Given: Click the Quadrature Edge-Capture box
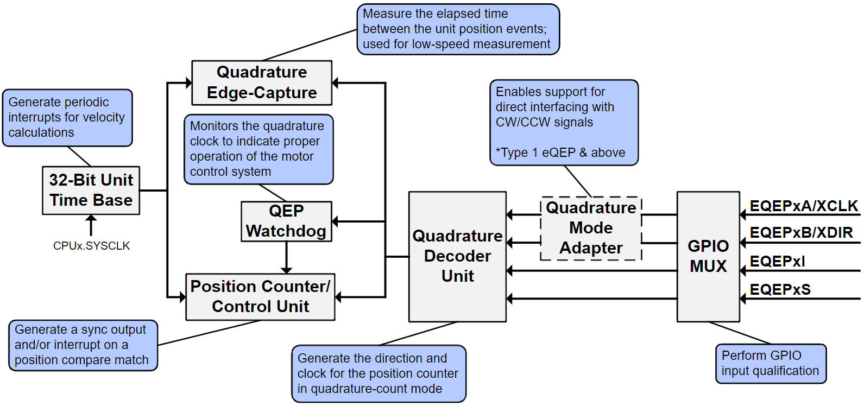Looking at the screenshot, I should click(262, 83).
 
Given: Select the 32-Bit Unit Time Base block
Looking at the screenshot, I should click(91, 190).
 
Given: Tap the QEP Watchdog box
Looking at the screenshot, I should click(286, 221).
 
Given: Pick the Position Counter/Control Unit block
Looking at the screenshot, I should click(260, 296).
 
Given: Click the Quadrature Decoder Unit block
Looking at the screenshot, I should click(457, 256).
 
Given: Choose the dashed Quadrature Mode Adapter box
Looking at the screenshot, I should click(591, 228).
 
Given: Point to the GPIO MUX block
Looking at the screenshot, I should click(708, 256).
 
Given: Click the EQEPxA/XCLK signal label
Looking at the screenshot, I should click(804, 206).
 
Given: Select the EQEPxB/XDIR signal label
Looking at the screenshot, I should click(801, 233).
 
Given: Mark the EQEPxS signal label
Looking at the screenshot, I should click(780, 290).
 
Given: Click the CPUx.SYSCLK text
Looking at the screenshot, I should click(92, 246).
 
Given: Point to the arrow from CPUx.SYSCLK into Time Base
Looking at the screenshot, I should click(91, 225).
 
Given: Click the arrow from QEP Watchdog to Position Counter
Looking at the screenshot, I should click(287, 257).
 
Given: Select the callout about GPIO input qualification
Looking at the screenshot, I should click(770, 364).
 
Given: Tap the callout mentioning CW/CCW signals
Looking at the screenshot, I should click(564, 123).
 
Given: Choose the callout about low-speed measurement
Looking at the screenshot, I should click(457, 29).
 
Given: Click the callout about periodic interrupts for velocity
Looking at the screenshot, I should click(67, 118).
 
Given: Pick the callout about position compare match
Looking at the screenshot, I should click(83, 345).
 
